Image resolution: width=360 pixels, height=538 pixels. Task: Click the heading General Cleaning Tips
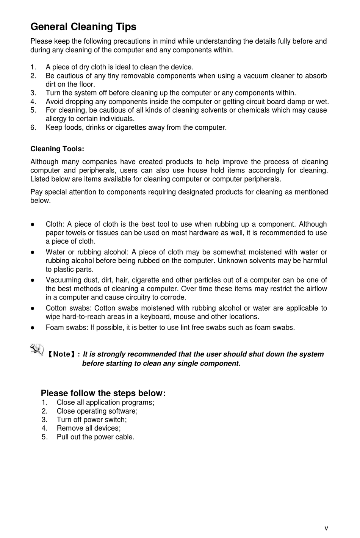[x=83, y=27]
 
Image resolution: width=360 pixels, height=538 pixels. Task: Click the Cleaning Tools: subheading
[x=57, y=149]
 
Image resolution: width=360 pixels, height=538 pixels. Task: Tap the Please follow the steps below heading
[x=103, y=393]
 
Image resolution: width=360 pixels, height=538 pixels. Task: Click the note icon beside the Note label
[x=37, y=349]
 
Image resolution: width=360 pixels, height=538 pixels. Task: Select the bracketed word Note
[x=61, y=354]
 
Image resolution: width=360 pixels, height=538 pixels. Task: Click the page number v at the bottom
[x=326, y=528]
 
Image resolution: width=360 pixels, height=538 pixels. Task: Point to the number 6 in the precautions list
[x=33, y=127]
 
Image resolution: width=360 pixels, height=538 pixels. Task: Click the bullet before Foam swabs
[x=33, y=328]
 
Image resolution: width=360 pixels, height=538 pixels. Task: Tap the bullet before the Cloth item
[x=33, y=224]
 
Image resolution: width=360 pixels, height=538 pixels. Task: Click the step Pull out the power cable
[x=95, y=437]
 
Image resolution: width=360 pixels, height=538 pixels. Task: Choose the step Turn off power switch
[x=92, y=420]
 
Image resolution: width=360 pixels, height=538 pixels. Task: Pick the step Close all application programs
[x=105, y=403]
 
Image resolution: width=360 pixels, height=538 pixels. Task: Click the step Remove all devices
[x=89, y=428]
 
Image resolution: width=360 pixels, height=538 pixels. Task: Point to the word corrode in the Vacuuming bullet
[x=174, y=298]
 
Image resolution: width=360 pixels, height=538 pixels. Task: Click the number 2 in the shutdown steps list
[x=44, y=411]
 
